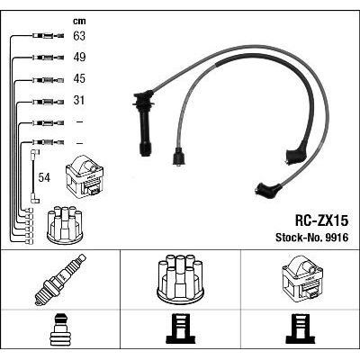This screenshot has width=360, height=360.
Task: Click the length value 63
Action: point(79,36)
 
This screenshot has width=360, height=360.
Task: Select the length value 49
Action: point(79,57)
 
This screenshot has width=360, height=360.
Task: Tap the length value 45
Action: point(79,78)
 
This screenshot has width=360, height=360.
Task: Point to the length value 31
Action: point(79,100)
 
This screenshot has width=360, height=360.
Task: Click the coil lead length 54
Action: point(44,177)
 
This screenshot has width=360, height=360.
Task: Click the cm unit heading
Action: point(79,21)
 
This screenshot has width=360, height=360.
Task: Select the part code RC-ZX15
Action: point(322,221)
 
